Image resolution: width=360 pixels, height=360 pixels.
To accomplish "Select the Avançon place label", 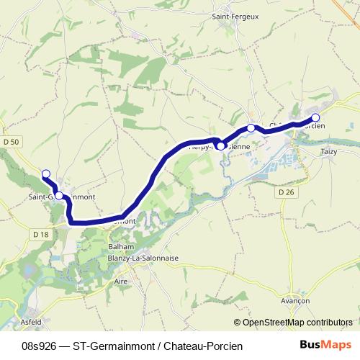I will [x=294, y=300].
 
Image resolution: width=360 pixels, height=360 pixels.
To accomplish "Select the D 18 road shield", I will [x=40, y=234].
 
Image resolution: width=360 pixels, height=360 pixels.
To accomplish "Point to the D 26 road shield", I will [x=285, y=192].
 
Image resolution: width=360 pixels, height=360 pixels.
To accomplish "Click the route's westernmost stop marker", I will [x=46, y=174].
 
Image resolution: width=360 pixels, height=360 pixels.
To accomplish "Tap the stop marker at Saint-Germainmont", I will [x=60, y=194].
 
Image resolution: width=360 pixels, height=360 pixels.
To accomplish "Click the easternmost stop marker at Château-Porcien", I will [x=315, y=117].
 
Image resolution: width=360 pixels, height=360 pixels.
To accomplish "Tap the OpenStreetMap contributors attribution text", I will [x=297, y=322].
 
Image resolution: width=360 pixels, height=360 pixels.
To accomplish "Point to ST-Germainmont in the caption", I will [x=109, y=346].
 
